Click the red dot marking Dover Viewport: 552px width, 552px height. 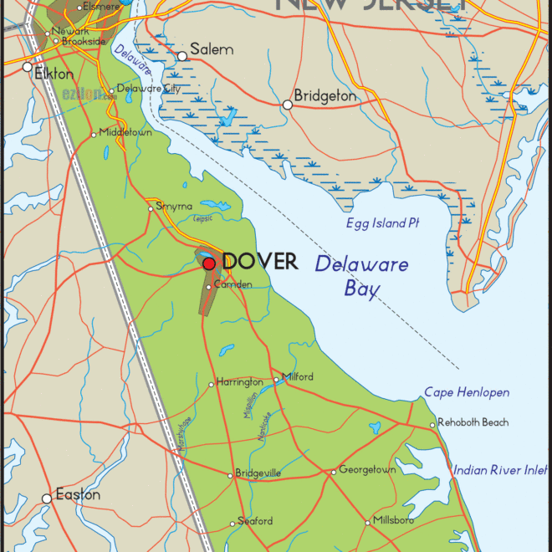(x=209, y=263)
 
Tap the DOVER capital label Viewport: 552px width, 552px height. (x=260, y=262)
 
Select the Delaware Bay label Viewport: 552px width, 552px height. (x=361, y=277)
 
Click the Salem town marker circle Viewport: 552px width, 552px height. (x=182, y=57)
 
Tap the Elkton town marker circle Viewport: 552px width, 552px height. (x=28, y=67)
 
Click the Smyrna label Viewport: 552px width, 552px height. (x=174, y=206)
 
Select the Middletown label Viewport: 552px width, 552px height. (x=125, y=132)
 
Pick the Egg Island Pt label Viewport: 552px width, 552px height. (x=382, y=223)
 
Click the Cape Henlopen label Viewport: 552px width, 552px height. (x=467, y=392)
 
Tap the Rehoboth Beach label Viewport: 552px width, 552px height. (x=473, y=422)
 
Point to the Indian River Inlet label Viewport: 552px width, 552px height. (x=500, y=470)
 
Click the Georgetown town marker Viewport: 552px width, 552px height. (x=333, y=472)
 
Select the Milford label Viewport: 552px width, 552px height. (x=298, y=377)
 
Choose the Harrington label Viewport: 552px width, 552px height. (x=239, y=382)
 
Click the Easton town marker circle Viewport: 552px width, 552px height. (x=47, y=498)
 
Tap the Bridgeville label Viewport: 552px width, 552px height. (x=258, y=473)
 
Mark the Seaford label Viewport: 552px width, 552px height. (x=255, y=521)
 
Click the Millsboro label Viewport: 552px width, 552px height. (x=394, y=521)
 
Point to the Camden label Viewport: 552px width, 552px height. (x=233, y=284)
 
